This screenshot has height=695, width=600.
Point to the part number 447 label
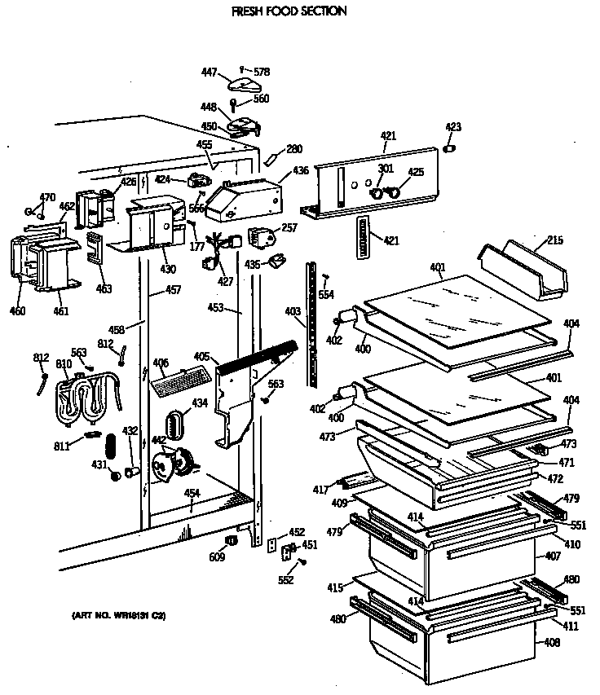pos(209,73)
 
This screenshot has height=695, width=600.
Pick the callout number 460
pos(17,310)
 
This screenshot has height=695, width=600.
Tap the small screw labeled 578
pos(242,69)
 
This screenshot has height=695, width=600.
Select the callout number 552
pos(285,580)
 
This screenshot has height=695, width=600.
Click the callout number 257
pos(289,228)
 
